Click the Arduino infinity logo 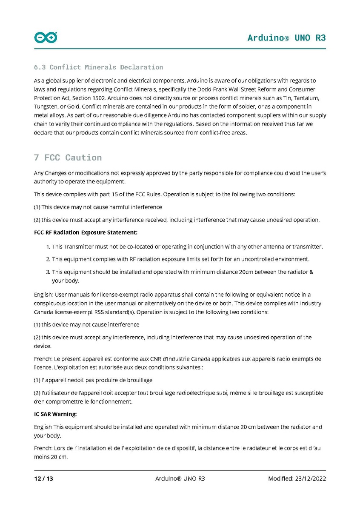point(46,37)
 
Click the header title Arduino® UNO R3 point(286,37)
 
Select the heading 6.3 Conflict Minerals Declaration point(98,67)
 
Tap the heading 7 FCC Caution point(68,158)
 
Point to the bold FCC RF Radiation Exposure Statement point(86,232)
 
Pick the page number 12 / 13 point(44,478)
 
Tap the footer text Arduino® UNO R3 point(180,478)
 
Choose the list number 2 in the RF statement point(48,259)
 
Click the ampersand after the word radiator point(311,272)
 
